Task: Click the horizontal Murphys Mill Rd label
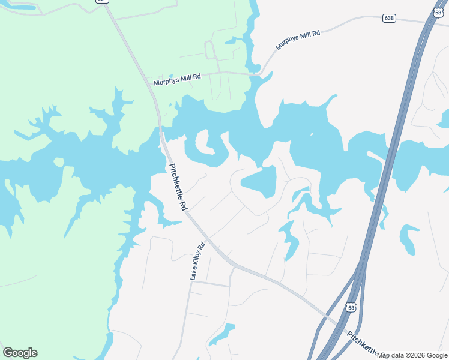pyautogui.click(x=177, y=79)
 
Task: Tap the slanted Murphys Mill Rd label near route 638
pyautogui.click(x=298, y=40)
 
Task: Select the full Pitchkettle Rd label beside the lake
pyautogui.click(x=177, y=187)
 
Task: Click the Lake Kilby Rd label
pyautogui.click(x=197, y=262)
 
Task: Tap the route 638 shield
pyautogui.click(x=389, y=18)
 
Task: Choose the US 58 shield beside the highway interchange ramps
pyautogui.click(x=351, y=307)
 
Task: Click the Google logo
pyautogui.click(x=20, y=353)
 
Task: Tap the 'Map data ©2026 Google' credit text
pyautogui.click(x=412, y=355)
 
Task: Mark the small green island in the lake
pyautogui.click(x=58, y=162)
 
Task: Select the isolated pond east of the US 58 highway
pyautogui.click(x=409, y=238)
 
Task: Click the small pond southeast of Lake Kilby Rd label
pyautogui.click(x=222, y=335)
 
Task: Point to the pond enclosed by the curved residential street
pyautogui.click(x=260, y=182)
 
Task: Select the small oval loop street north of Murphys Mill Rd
pyautogui.click(x=210, y=50)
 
